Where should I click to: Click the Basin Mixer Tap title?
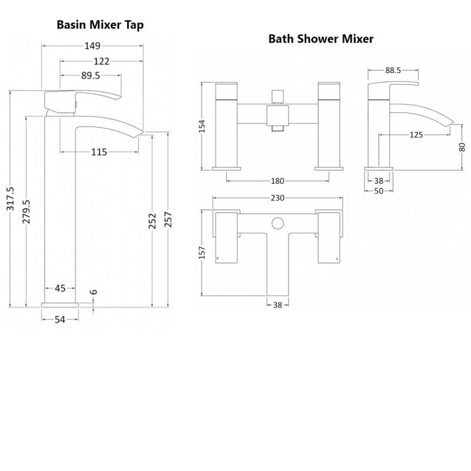click(100, 25)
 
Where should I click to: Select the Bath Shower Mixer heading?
click(321, 39)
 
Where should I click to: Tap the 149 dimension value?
click(93, 46)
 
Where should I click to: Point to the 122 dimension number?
click(101, 61)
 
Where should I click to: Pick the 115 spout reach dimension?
click(99, 152)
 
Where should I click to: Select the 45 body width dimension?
click(60, 288)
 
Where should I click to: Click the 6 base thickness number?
click(93, 293)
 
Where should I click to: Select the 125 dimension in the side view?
click(416, 135)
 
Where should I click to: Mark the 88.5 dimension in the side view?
click(393, 70)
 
